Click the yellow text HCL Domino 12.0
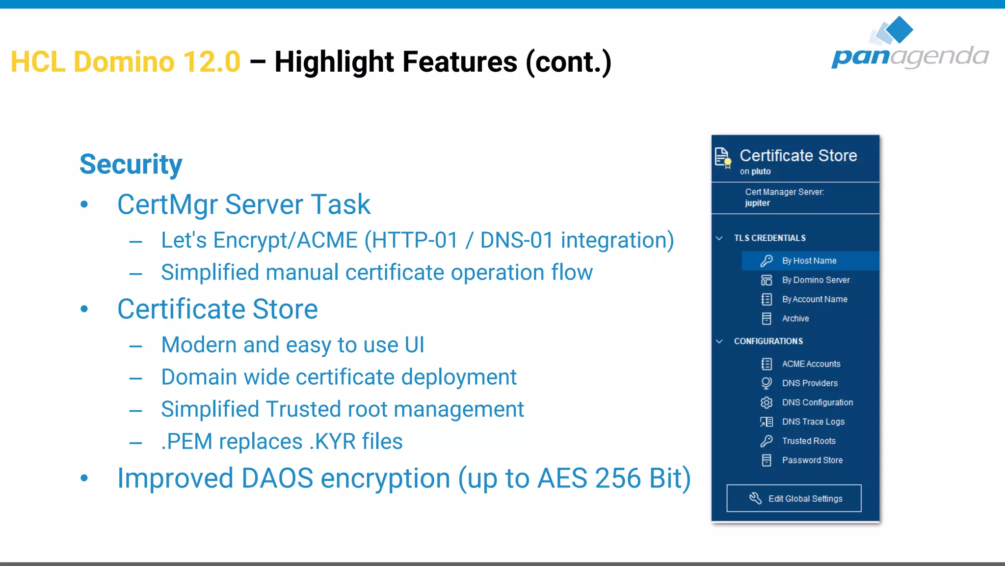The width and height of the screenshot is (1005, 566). click(126, 62)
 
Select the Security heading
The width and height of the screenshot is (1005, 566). click(131, 164)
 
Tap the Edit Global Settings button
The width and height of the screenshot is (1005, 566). click(793, 498)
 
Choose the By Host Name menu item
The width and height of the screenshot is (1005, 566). click(809, 261)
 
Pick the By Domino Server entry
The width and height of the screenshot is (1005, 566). click(815, 280)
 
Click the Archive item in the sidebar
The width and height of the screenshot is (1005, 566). click(795, 318)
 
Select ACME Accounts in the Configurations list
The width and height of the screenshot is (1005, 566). click(811, 364)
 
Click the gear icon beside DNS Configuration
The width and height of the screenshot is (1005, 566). click(766, 402)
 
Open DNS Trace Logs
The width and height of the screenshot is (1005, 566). click(813, 422)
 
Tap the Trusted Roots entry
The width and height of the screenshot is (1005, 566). click(808, 441)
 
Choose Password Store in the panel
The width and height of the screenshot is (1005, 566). click(812, 460)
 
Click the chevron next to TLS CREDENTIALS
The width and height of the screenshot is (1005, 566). click(719, 238)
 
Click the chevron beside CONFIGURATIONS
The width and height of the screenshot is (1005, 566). click(719, 341)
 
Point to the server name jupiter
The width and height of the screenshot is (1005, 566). click(757, 203)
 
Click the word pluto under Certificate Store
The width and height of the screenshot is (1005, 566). click(761, 171)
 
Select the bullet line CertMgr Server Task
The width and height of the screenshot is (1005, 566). click(243, 204)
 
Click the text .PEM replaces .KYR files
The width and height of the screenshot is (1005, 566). click(282, 441)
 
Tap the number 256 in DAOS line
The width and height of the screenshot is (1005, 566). click(618, 478)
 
